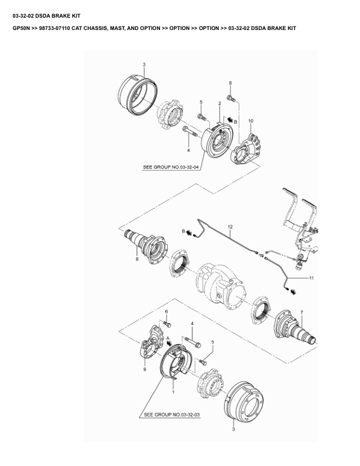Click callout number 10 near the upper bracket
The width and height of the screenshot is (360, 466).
251,121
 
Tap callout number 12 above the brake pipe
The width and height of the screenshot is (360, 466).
230,227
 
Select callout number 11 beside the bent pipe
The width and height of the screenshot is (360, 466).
311,278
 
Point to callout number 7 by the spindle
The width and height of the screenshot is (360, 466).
302,312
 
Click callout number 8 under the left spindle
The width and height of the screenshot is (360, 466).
137,259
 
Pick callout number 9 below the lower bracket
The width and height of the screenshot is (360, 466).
145,370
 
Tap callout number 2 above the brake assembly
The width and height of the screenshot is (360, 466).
219,104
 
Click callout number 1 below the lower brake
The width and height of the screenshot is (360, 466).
174,392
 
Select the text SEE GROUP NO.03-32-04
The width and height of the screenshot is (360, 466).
171,167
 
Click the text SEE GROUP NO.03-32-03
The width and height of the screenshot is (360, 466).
172,415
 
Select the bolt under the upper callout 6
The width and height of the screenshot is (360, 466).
231,98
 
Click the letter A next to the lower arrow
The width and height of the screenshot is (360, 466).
168,338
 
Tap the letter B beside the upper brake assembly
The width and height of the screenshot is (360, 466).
235,122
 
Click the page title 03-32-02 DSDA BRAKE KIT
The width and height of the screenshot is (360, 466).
46,16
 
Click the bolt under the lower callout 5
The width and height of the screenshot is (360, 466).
202,362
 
